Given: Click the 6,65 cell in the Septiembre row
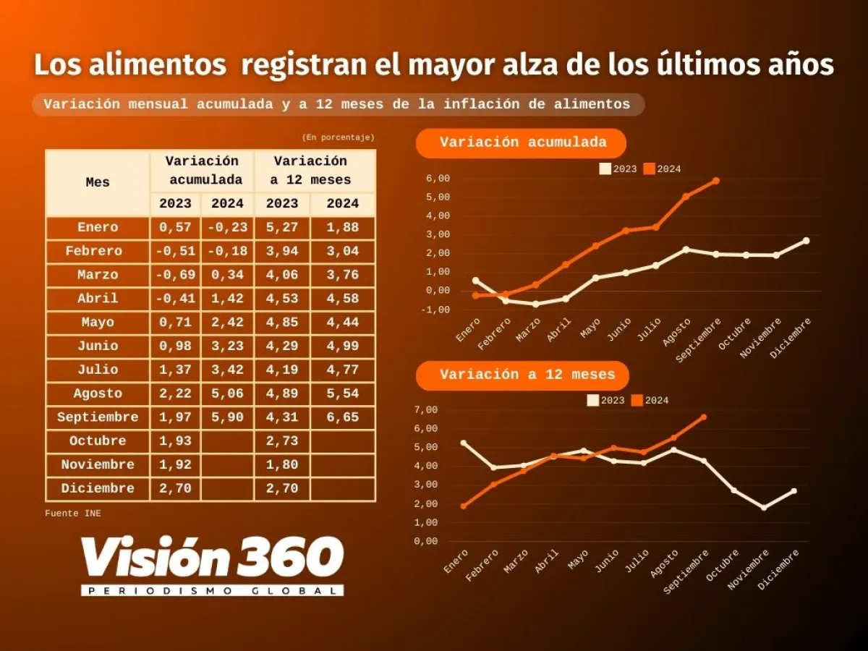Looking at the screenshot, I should click(343, 417).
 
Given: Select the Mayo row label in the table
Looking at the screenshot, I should click(98, 323).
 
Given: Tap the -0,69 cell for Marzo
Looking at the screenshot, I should click(175, 275).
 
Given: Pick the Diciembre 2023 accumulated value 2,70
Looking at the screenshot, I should click(175, 488).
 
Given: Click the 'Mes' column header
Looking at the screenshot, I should click(98, 182).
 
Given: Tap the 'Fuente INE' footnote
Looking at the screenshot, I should click(73, 514).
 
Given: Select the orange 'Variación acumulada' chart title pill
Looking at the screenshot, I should click(522, 142).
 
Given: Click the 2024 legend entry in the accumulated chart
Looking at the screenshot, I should click(662, 169).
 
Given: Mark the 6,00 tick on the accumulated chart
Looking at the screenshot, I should click(438, 179).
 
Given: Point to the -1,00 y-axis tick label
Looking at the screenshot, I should click(438, 310).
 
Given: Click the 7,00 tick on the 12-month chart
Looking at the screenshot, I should click(427, 410).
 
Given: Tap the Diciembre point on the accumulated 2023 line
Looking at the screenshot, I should click(806, 241).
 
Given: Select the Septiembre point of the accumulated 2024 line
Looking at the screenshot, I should click(716, 181).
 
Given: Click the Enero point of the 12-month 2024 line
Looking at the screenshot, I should click(464, 506).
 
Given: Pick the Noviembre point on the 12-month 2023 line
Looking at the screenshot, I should click(764, 508).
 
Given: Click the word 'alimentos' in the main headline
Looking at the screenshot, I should click(130, 65).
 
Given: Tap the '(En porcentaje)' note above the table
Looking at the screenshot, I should click(338, 137).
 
